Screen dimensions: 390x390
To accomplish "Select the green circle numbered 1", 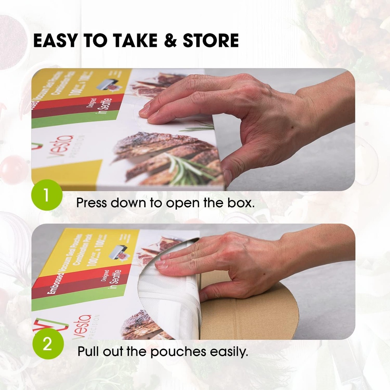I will [46, 195].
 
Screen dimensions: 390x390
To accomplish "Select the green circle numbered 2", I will [46, 344].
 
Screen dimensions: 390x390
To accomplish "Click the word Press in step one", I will [92, 203].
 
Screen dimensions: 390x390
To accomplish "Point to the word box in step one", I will [242, 203].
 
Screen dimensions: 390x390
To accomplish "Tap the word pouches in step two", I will [179, 351].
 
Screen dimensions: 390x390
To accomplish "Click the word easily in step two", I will [229, 351].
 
